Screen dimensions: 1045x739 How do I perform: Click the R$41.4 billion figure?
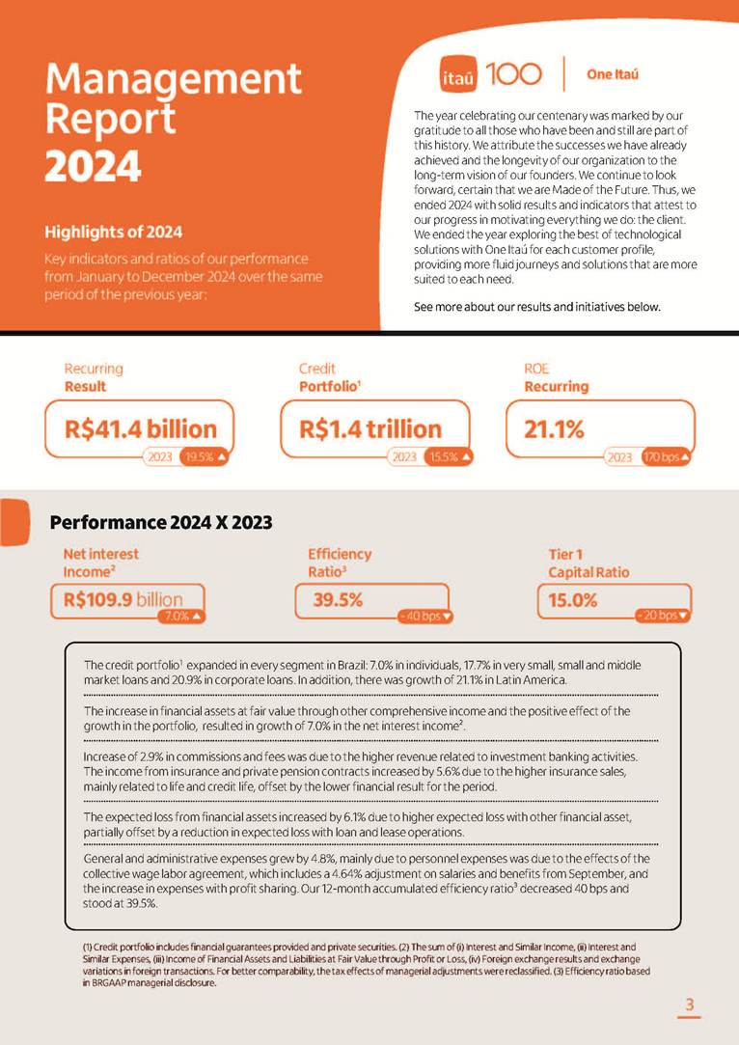pyautogui.click(x=141, y=428)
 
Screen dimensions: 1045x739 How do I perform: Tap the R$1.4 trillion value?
pyautogui.click(x=370, y=428)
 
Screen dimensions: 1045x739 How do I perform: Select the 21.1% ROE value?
pyautogui.click(x=555, y=429)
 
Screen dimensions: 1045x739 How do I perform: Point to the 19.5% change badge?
pyautogui.click(x=205, y=457)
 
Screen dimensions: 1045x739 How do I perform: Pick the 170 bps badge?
pyautogui.click(x=667, y=457)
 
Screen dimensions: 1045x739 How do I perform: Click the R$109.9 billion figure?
pyautogui.click(x=123, y=599)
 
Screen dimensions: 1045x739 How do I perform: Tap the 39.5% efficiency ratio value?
pyautogui.click(x=338, y=599)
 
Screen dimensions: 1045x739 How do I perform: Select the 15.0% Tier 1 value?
pyautogui.click(x=573, y=599)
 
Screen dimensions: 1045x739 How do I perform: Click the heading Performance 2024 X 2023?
pyautogui.click(x=161, y=523)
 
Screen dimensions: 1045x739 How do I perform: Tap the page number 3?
pyautogui.click(x=689, y=1005)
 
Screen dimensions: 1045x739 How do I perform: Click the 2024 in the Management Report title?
pyautogui.click(x=93, y=165)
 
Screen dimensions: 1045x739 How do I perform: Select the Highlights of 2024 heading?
pyautogui.click(x=113, y=232)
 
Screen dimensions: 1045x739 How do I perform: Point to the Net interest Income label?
pyautogui.click(x=100, y=563)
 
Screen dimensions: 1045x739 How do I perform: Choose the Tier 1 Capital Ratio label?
pyautogui.click(x=588, y=563)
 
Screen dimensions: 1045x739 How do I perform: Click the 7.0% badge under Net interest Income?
pyautogui.click(x=184, y=616)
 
